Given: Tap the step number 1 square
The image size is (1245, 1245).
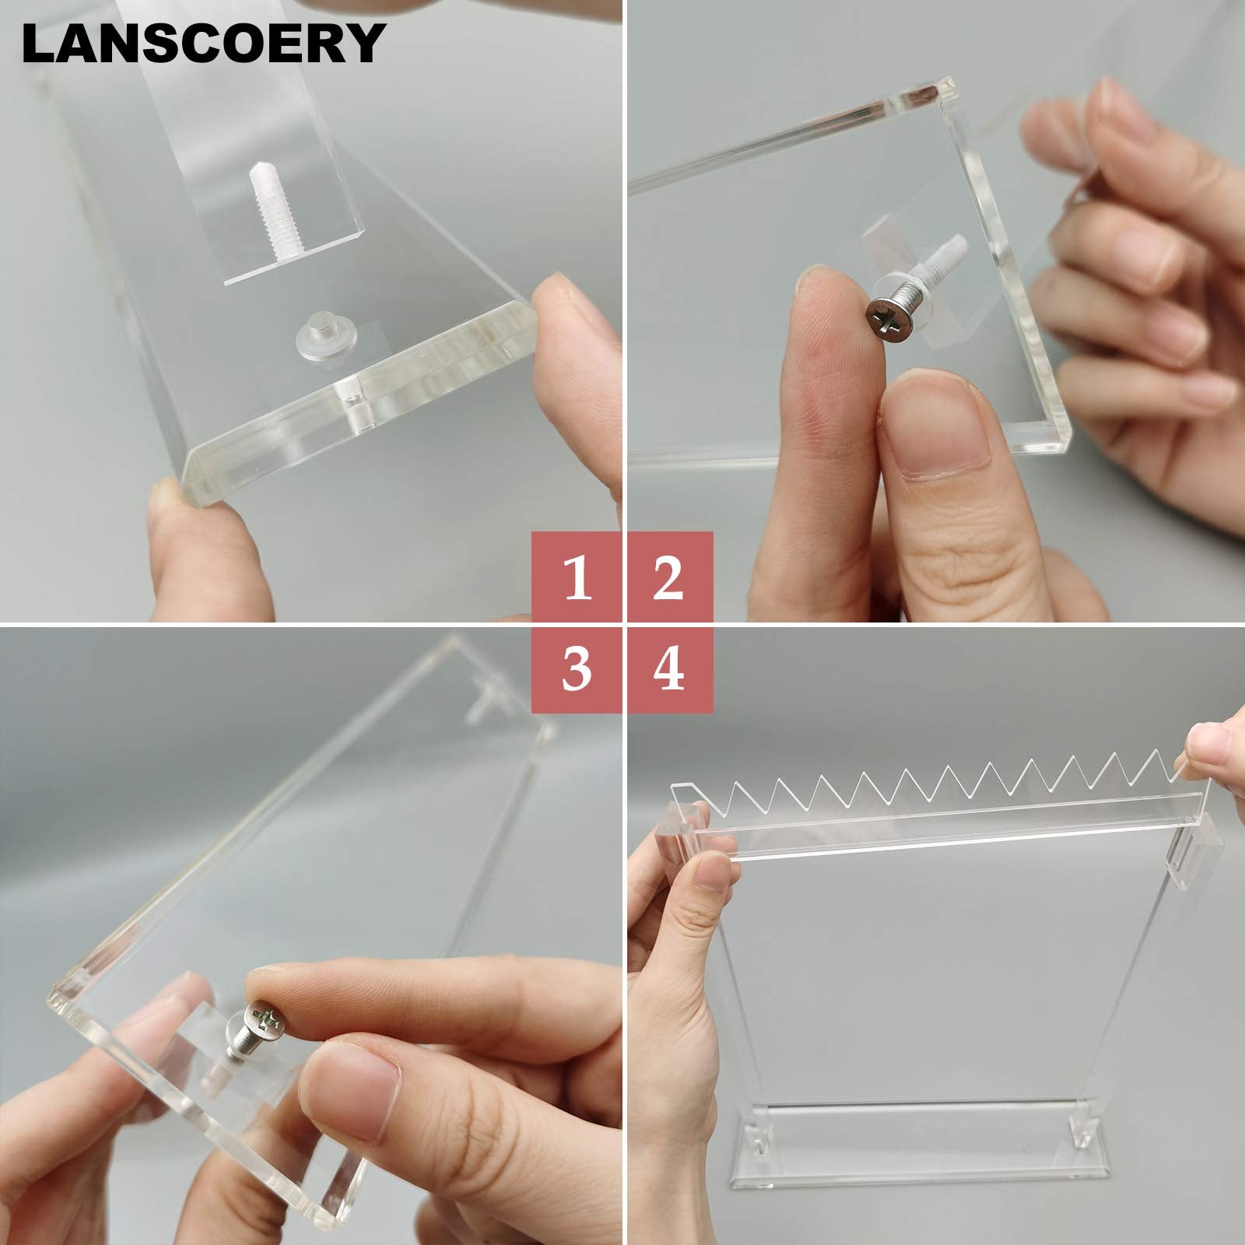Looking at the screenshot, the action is [x=577, y=577].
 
